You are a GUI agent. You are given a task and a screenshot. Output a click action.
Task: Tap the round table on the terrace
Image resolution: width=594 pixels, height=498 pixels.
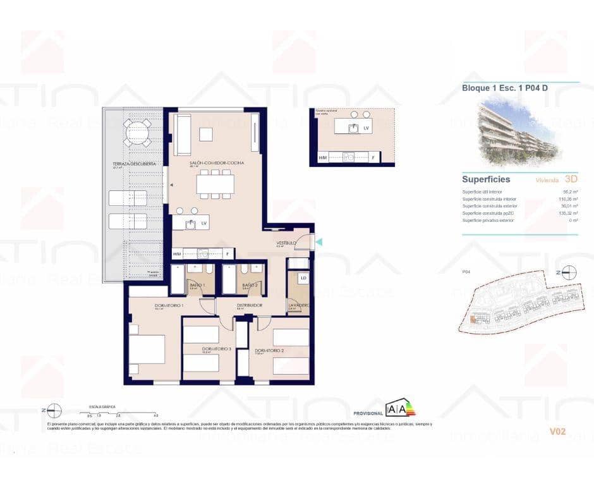138,133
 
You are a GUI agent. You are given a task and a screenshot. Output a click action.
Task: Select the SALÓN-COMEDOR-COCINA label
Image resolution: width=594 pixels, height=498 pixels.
217,163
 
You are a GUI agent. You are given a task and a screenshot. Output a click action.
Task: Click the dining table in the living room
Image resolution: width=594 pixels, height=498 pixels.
215,184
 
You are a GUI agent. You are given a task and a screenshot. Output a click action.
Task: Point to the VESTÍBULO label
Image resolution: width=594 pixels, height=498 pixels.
287,243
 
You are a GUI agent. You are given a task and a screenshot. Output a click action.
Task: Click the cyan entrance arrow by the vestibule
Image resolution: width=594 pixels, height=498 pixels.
318,241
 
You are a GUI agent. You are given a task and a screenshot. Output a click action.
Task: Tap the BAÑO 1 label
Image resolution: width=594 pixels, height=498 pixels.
198,286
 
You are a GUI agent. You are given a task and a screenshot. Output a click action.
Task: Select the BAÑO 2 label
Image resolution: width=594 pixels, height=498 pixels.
251,286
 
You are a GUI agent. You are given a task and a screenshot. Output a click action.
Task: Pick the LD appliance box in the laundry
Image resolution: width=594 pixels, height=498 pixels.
303,279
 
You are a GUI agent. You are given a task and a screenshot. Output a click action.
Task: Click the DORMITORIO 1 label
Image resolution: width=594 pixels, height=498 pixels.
169,306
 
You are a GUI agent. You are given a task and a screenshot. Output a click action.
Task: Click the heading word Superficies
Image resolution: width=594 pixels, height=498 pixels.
486,179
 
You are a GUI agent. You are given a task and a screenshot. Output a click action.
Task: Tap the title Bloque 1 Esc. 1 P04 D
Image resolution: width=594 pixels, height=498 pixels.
504,88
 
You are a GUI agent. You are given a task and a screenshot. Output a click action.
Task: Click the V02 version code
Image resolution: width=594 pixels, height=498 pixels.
557,432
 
